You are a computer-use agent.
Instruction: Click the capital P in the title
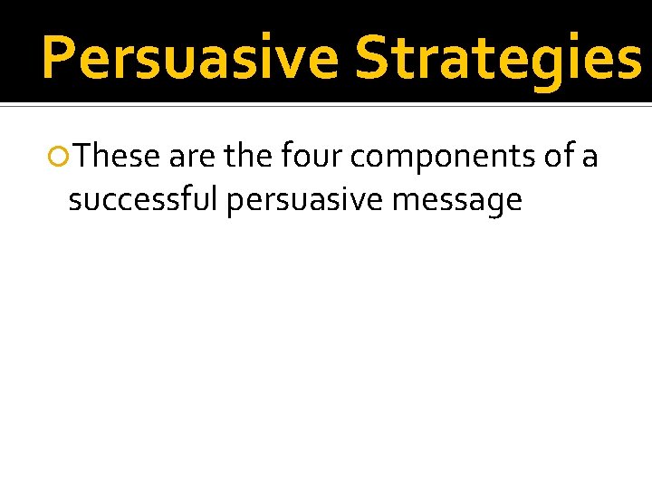[59, 56]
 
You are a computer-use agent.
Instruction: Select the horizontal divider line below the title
[326, 105]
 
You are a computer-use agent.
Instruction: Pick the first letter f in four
[285, 157]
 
